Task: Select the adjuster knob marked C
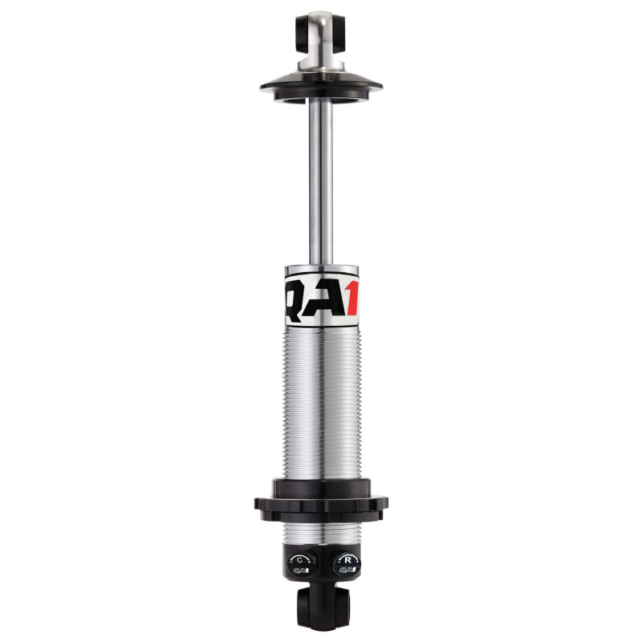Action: click(x=300, y=563)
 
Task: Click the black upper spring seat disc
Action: click(x=321, y=84)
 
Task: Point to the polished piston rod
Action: click(x=321, y=177)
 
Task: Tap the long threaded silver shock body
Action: click(x=321, y=401)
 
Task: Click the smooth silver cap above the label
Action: click(x=321, y=271)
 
